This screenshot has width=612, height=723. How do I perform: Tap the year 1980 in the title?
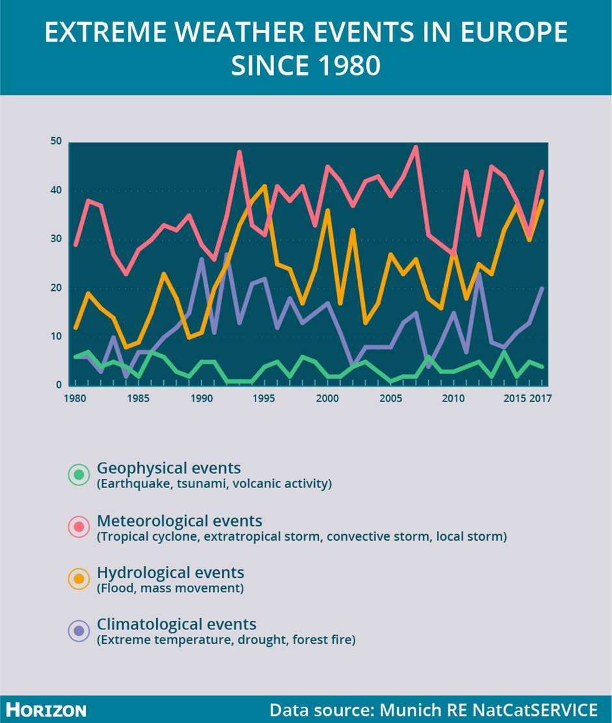[344, 66]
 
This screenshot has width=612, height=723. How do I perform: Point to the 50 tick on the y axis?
[56, 142]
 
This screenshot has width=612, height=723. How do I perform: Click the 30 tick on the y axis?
[56, 239]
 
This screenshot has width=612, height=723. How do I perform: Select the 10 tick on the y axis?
[56, 337]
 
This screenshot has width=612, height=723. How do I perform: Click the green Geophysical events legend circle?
[79, 474]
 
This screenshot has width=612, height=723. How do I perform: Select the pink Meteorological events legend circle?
[79, 526]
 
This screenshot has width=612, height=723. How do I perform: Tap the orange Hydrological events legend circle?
[79, 579]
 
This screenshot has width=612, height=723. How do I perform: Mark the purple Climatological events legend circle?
[79, 630]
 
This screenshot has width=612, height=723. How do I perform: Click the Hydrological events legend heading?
[170, 573]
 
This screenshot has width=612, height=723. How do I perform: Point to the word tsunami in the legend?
[189, 484]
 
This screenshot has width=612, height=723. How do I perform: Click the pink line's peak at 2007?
[416, 147]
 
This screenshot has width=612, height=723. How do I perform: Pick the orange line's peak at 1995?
[264, 186]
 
